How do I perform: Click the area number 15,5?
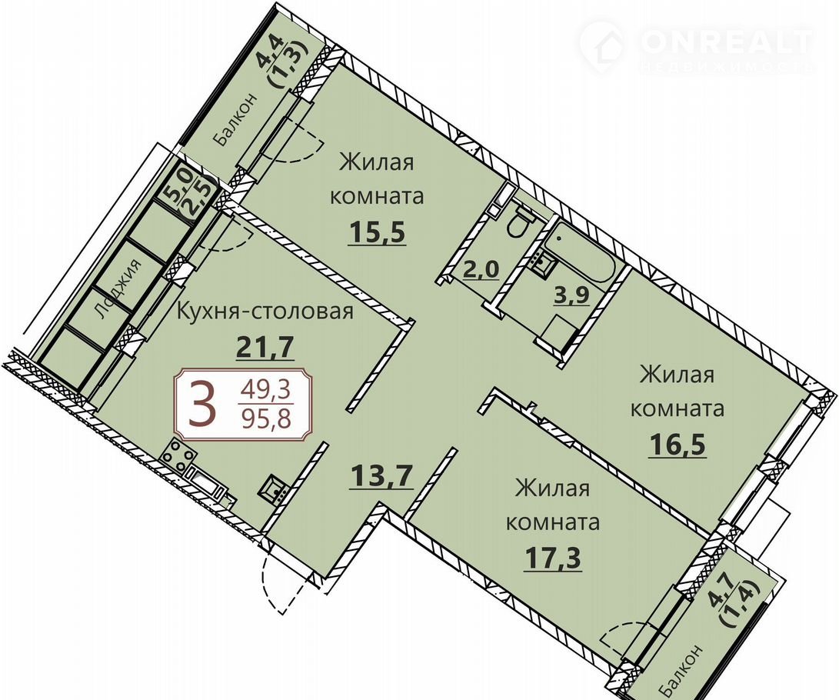tap(378, 233)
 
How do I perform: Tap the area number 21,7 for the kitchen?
tap(265, 348)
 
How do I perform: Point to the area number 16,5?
tap(678, 444)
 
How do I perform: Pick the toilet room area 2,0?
tap(481, 268)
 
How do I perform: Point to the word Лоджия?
tap(117, 289)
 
